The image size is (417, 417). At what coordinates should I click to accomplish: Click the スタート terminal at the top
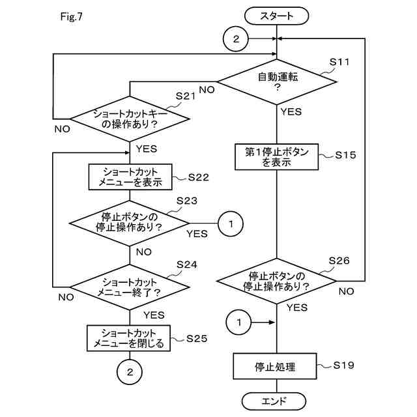pos(276,16)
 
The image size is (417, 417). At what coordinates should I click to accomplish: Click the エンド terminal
pos(274,401)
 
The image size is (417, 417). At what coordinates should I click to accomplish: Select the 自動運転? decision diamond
pos(277,81)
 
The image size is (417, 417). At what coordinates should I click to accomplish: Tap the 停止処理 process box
pos(275,366)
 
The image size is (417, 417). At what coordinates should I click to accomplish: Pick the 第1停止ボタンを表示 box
pos(276,157)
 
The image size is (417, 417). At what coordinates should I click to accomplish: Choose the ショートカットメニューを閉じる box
pos(129,338)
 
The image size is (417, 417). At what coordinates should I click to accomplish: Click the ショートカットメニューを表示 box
pos(130,177)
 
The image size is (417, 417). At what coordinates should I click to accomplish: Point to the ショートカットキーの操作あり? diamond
pos(130,119)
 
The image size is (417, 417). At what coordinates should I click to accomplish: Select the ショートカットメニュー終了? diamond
pos(130,287)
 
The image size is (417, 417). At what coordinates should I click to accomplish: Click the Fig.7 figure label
pos(72,17)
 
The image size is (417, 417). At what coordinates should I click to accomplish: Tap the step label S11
pos(339,62)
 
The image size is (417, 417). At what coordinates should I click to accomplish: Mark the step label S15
pos(345,155)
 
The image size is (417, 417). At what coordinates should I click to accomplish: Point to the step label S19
pos(343,366)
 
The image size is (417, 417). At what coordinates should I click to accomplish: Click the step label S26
pos(339,261)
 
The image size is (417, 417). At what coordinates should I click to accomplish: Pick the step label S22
pos(198,177)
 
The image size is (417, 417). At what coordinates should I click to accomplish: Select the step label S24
pos(187,265)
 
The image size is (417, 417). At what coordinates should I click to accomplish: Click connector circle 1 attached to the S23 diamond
pos(231,224)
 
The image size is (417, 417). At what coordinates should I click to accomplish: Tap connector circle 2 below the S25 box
pos(130,372)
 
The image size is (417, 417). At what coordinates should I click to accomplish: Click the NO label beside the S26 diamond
pos(346,292)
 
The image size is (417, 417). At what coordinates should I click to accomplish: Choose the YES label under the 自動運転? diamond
pos(291,111)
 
